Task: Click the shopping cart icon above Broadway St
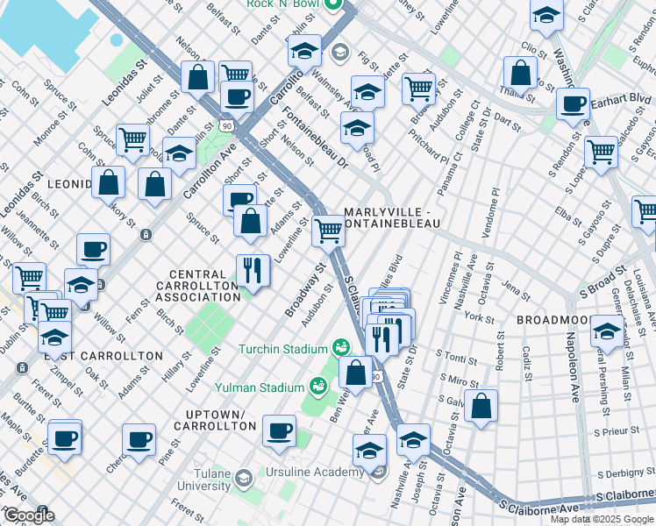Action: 328,231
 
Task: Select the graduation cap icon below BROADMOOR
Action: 607,331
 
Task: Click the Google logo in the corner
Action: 29,515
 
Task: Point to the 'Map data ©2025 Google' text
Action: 602,519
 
